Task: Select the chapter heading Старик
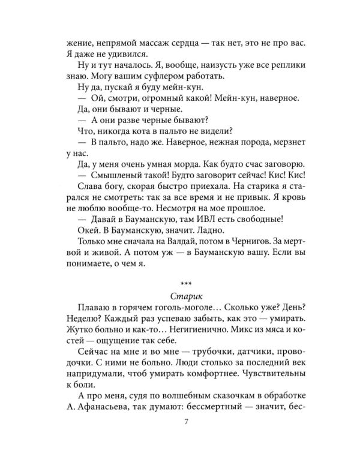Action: coord(180,296)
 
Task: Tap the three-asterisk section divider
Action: coord(180,281)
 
